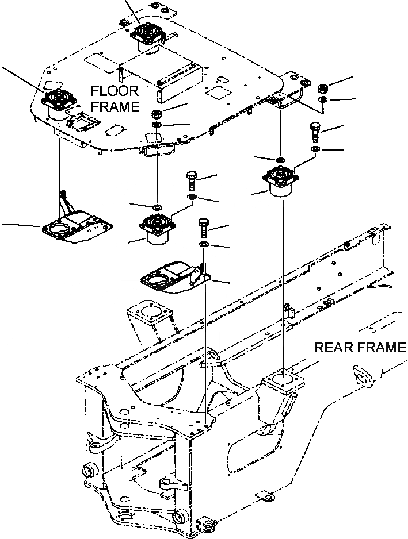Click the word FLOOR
114,91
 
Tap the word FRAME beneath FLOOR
115,106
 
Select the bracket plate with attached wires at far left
77,226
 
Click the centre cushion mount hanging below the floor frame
157,226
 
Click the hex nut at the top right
323,89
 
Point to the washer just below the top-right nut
323,101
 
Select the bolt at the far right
315,131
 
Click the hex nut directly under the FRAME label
157,112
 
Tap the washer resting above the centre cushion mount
157,206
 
